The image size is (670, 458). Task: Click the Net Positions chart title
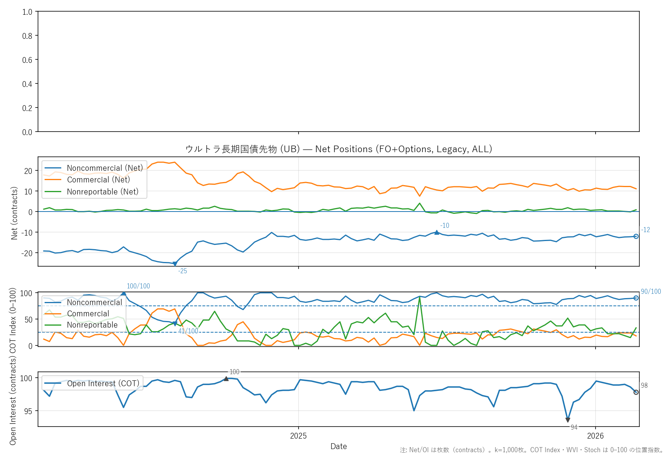pos(338,149)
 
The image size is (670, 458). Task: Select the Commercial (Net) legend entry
pos(98,180)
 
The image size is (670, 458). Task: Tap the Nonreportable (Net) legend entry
pos(102,192)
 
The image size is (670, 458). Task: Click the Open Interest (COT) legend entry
pos(103,383)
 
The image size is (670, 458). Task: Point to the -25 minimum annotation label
pos(183,271)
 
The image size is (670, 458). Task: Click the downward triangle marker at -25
pos(175,264)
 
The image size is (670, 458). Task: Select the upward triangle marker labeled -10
pos(437,232)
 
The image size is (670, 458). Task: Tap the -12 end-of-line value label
pos(646,230)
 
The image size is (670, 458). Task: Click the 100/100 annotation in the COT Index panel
pos(138,286)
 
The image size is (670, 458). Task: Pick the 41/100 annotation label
pos(188,331)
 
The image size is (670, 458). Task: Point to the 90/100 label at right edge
pos(651,291)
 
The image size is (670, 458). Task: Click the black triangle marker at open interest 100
pos(226,378)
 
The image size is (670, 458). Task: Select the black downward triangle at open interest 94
pos(568,420)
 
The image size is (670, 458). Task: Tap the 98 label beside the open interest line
pos(644,385)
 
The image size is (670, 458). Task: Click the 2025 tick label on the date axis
pos(298,436)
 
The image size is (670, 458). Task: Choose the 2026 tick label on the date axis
pos(595,436)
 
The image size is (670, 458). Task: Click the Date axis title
pos(338,446)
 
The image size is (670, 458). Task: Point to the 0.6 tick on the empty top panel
pos(27,60)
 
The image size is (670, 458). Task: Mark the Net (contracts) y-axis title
pos(14,213)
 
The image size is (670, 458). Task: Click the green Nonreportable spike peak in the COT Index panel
pos(420,297)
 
